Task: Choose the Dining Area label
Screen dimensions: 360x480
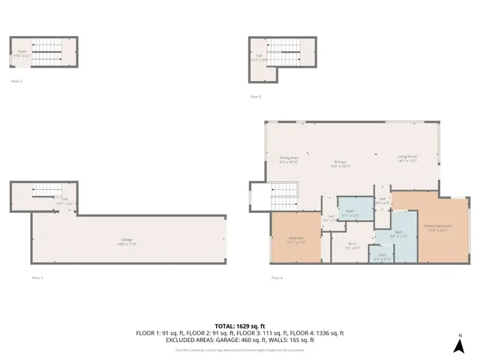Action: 289,159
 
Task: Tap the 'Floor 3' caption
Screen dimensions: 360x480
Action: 256,96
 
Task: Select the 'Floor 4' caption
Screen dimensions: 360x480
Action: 276,278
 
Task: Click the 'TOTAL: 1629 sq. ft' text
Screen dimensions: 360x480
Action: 239,325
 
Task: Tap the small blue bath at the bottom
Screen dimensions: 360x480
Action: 382,256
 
